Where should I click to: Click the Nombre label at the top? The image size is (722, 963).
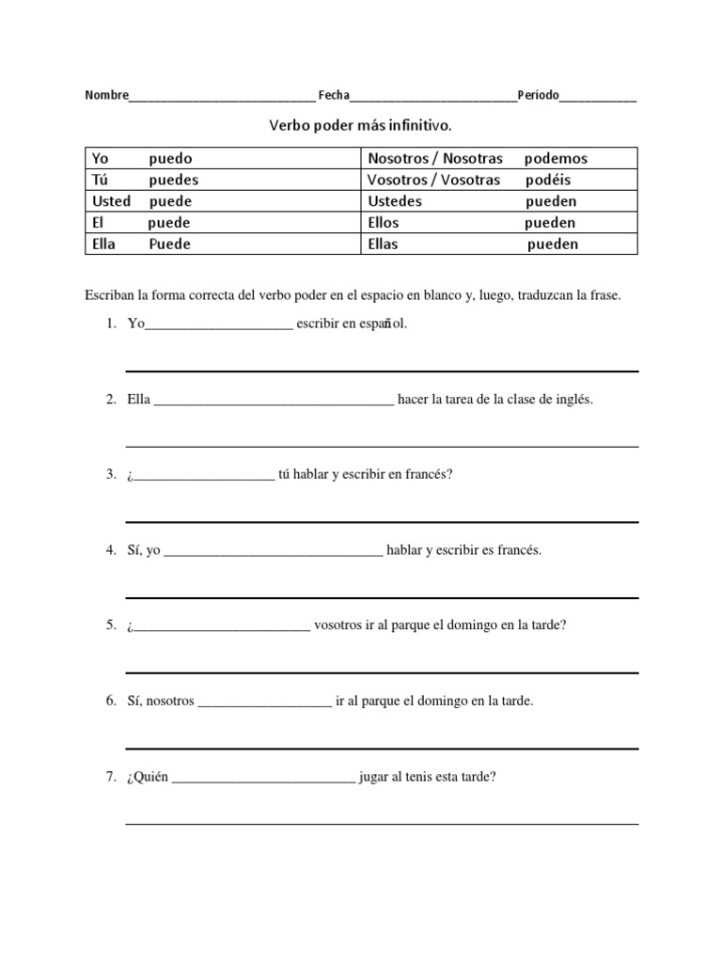[x=106, y=95]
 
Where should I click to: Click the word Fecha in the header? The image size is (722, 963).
[x=334, y=95]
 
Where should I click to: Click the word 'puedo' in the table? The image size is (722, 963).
[x=170, y=158]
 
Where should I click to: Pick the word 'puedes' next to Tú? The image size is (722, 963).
[x=174, y=180]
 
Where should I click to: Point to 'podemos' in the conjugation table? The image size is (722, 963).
[x=556, y=158]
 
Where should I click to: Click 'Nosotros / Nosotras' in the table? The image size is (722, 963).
[x=435, y=158]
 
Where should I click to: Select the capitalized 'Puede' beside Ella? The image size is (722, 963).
[x=169, y=245]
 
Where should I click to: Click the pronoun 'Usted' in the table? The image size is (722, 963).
[x=111, y=201]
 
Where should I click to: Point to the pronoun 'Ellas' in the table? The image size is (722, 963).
[x=383, y=245]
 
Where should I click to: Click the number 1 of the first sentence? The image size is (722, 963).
[x=110, y=324]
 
